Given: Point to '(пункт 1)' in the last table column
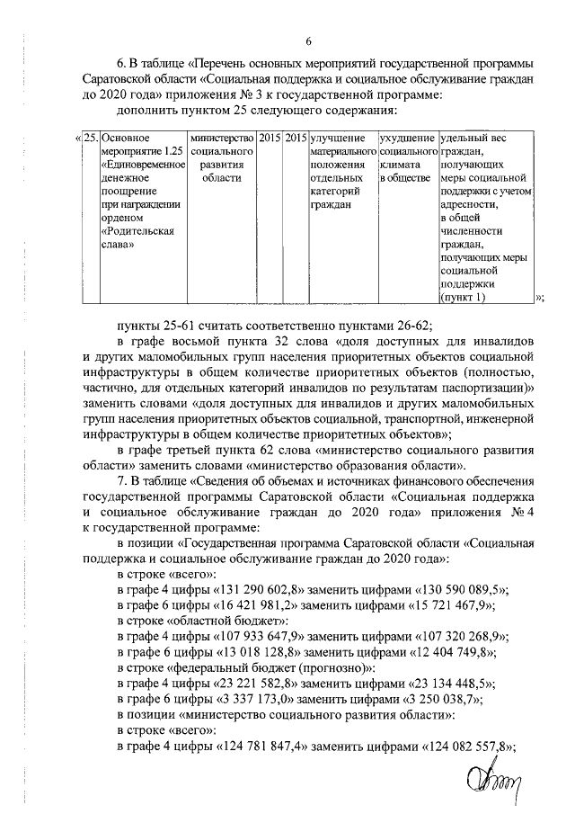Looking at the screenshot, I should point(464,298).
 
